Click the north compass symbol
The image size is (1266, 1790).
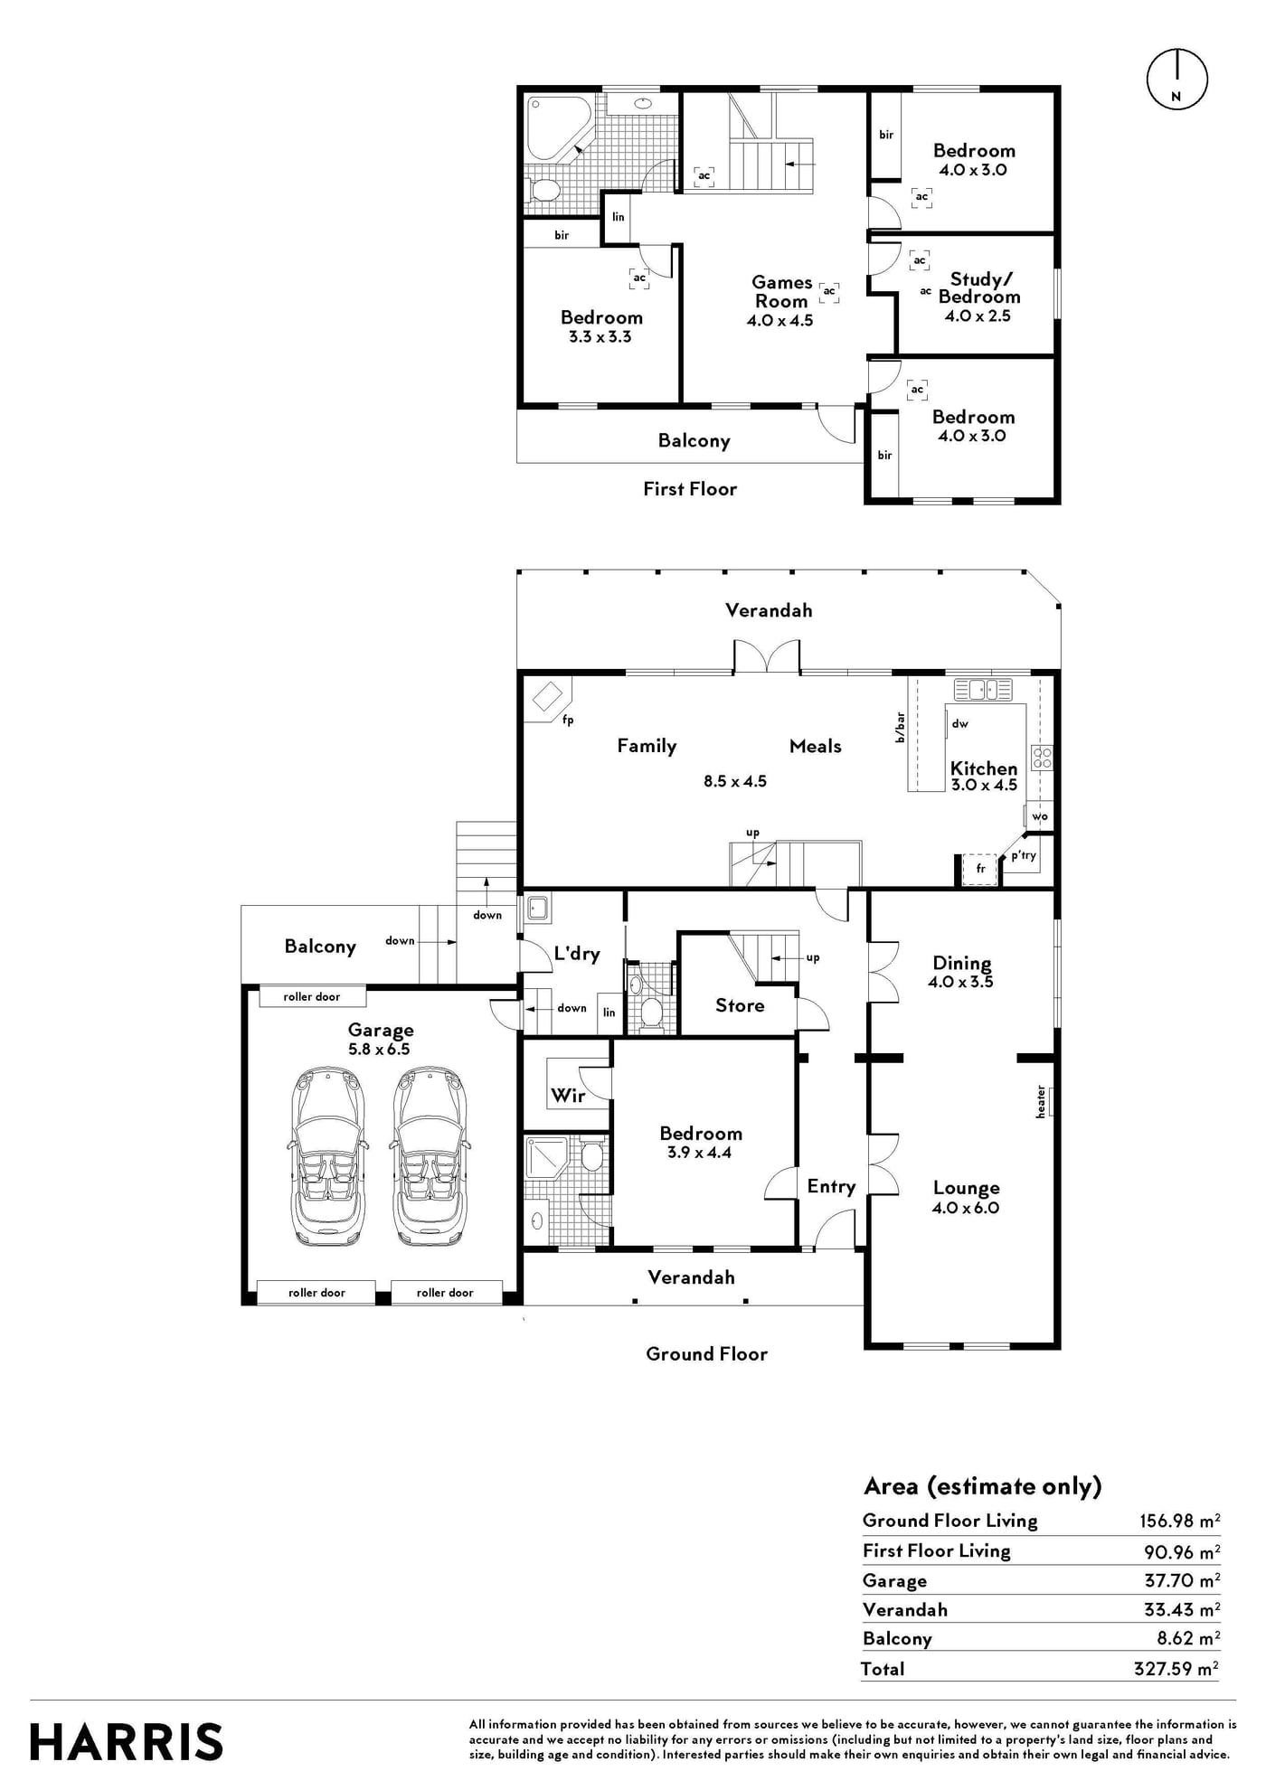point(1176,80)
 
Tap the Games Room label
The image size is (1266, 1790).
point(781,292)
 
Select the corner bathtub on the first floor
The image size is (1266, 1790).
point(559,127)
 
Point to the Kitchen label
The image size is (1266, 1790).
point(984,768)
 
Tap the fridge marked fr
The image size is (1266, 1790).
point(980,869)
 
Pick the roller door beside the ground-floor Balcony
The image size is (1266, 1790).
point(312,996)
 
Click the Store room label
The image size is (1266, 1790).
point(740,1005)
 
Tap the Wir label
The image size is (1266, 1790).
point(568,1096)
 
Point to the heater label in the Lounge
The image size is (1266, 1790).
point(1041,1102)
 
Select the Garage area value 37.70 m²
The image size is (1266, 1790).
point(1182,1580)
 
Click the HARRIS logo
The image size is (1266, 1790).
point(127,1742)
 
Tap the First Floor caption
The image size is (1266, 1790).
point(690,489)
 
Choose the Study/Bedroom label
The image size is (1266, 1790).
point(979,287)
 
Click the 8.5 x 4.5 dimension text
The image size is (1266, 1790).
point(735,781)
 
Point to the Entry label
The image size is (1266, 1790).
point(831,1187)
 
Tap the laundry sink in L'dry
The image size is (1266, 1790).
point(537,908)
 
